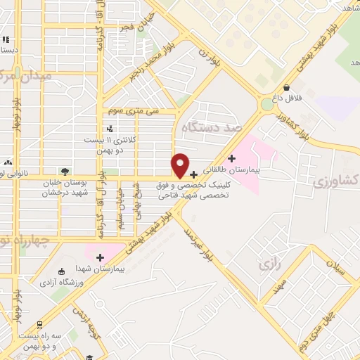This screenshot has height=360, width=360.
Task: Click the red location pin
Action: point(180,165)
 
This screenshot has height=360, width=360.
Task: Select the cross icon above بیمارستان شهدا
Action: point(100,257)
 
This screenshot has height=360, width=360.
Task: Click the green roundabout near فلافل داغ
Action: point(267,104)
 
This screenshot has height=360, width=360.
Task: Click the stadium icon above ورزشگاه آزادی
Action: point(62,271)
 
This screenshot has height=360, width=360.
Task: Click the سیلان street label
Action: point(337,271)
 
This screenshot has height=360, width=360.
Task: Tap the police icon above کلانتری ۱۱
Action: point(109,129)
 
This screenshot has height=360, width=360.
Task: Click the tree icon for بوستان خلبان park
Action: point(65,171)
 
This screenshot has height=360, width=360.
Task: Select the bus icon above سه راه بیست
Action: point(39,325)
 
